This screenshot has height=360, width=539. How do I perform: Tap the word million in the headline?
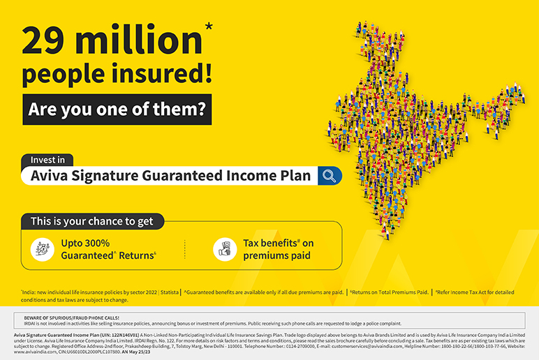tap(135, 42)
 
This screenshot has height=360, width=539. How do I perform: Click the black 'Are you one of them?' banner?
tap(117, 110)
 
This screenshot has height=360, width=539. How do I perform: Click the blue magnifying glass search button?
tap(330, 176)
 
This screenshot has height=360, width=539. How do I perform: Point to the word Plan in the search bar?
tap(294, 176)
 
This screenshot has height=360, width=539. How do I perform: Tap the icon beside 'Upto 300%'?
tap(42, 248)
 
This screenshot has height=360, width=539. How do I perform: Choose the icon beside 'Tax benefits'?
tap(224, 248)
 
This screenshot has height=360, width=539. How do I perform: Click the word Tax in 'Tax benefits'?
tap(252, 243)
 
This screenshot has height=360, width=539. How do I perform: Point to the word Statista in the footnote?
tap(169, 292)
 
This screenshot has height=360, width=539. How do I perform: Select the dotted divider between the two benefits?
tap(184, 248)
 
